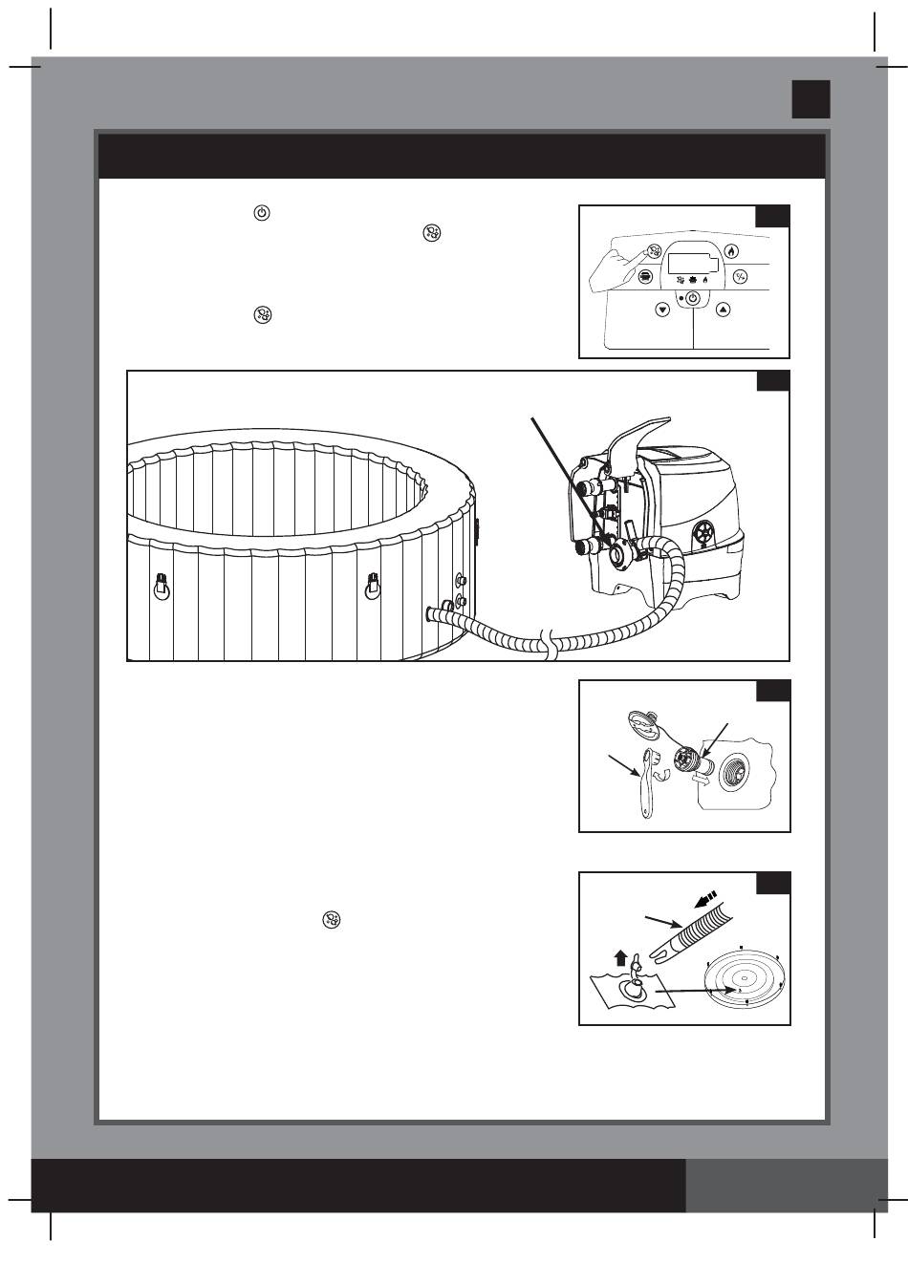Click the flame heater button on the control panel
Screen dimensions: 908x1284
(731, 252)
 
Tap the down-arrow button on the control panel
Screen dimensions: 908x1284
(662, 309)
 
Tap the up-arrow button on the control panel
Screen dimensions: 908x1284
(724, 309)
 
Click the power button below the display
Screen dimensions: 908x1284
(693, 299)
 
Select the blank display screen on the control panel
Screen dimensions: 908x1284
(692, 262)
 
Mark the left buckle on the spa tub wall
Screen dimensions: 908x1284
(162, 586)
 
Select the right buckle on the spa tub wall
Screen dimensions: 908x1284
(374, 586)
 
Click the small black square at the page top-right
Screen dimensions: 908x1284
(810, 98)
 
